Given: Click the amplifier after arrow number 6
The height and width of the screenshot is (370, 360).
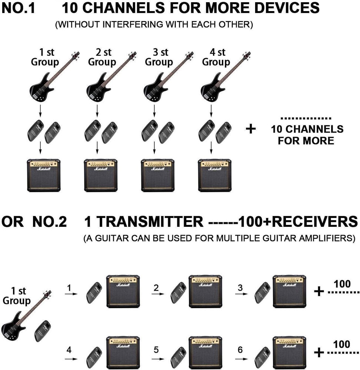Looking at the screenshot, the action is point(289,352).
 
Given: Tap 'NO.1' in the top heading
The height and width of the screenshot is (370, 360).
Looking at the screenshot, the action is point(18,8).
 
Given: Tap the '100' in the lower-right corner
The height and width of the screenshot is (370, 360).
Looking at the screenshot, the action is point(341,344).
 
